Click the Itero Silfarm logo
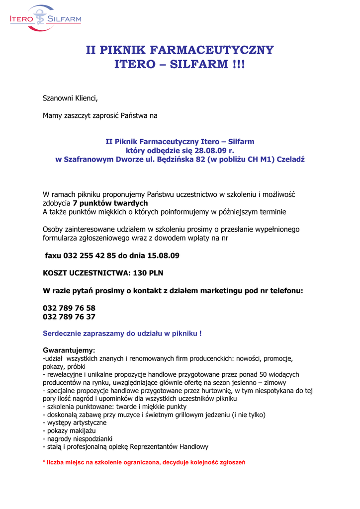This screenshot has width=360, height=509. (45, 19)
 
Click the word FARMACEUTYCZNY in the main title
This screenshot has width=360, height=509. (211, 50)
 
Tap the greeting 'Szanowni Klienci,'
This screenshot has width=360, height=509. (70, 98)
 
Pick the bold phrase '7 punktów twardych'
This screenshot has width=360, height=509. (110, 203)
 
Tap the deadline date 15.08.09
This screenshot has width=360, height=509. (163, 256)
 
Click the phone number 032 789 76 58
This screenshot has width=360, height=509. (69, 308)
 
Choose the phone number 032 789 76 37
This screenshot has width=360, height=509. (69, 317)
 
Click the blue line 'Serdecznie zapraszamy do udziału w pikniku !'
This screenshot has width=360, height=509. (122, 334)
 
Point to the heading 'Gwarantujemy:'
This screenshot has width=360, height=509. (69, 350)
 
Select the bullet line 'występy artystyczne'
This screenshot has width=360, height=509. (76, 423)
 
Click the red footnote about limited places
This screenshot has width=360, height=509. (144, 462)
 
